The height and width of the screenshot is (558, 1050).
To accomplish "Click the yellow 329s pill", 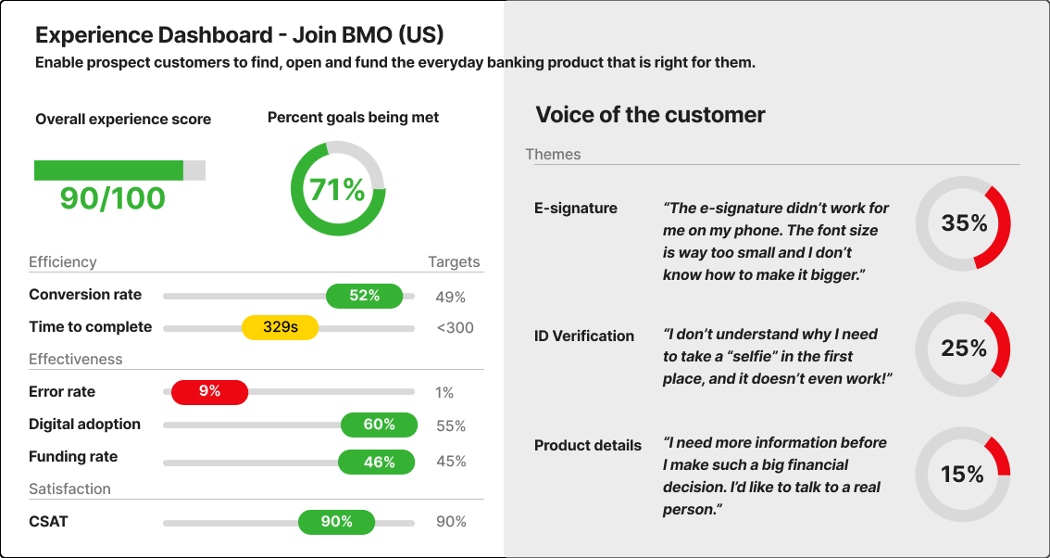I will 280,327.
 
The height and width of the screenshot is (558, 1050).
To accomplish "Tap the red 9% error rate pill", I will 210,392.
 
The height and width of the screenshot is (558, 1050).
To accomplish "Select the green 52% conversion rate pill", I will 365,296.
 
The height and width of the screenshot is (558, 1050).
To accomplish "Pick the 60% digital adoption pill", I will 379,425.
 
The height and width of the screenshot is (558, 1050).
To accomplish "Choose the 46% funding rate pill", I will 379,462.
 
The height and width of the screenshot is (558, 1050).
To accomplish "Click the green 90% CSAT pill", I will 336,522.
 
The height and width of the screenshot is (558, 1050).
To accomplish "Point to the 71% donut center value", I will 337,189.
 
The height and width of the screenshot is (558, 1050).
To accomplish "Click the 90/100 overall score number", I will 112,198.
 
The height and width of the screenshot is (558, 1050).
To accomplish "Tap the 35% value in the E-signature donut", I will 964,223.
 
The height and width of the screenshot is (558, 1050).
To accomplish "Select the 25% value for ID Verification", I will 964,349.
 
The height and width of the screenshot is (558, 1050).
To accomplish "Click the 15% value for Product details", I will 962,475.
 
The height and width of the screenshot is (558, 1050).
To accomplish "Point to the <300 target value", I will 455,327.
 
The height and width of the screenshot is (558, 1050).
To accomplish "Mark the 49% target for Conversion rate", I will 451,298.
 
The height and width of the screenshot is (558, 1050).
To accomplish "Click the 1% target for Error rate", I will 444,393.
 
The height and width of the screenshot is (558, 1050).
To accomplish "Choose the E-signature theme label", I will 576,209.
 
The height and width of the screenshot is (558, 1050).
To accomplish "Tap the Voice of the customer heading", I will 650,115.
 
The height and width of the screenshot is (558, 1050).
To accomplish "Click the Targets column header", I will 454,262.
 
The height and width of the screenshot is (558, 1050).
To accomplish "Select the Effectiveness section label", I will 76,359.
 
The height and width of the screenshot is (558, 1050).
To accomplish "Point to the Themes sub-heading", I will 553,155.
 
